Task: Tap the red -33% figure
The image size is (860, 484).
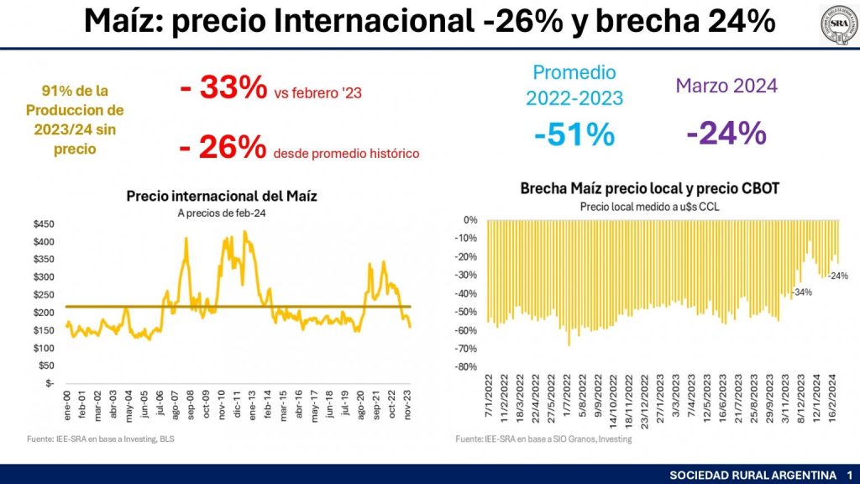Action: (x=223, y=89)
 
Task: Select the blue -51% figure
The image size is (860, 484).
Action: (x=574, y=134)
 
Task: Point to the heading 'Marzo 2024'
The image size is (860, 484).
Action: (x=726, y=85)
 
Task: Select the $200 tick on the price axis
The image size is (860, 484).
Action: (x=42, y=312)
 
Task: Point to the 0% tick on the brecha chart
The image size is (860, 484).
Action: (x=469, y=220)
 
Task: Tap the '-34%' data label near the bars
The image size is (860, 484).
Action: (x=802, y=292)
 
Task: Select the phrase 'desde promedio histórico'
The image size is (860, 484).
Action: (x=346, y=153)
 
